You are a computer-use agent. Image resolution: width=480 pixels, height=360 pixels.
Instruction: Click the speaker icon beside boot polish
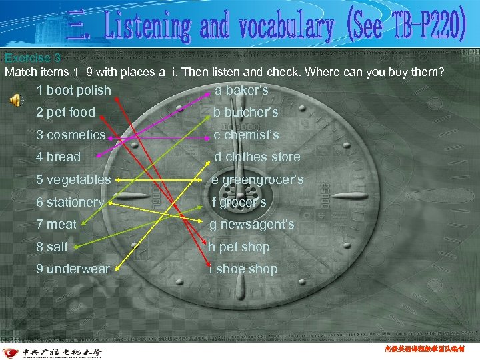(15, 99)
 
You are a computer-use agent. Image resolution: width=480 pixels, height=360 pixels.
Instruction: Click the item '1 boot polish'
(74, 90)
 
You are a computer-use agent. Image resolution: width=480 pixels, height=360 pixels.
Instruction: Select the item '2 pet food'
(66, 113)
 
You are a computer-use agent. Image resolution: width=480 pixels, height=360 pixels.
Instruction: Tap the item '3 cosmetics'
(71, 135)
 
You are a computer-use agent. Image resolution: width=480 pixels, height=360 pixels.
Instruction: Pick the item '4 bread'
(58, 157)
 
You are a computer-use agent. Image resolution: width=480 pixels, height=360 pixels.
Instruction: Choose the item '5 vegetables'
(73, 180)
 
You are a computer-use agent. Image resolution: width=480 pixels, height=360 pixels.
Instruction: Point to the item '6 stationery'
(70, 202)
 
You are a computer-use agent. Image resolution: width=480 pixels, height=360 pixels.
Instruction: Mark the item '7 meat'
(57, 225)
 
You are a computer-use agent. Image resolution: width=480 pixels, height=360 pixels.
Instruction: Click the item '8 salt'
(52, 247)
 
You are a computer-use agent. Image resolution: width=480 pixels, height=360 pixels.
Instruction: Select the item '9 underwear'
(73, 269)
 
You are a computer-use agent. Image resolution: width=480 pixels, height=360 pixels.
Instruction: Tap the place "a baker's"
(241, 90)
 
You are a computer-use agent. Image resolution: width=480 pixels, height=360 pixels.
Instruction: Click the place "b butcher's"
(245, 113)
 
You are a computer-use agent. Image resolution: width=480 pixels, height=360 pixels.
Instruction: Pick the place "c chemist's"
(246, 135)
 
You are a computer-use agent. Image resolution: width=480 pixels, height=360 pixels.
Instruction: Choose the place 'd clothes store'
(257, 157)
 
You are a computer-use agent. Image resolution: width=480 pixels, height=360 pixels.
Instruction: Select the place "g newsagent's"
(253, 225)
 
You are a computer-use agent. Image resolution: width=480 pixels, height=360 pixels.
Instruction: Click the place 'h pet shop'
(239, 247)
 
